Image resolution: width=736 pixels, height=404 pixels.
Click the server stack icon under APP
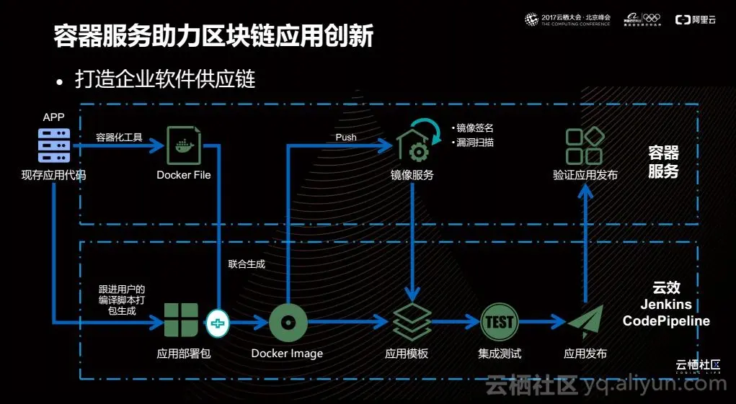coord(54,145)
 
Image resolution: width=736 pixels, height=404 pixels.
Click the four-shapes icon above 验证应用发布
coord(584,147)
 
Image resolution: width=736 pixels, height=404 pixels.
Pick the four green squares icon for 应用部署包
coord(181,320)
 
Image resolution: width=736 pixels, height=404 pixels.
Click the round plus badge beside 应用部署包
coord(217,324)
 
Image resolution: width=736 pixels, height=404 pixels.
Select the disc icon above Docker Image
coord(288,321)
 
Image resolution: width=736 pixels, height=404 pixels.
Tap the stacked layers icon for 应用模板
coord(412,322)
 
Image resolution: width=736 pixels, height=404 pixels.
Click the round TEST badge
coord(499,321)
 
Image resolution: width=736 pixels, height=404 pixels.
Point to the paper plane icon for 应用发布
coord(585,322)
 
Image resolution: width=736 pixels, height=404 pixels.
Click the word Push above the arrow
coord(346,137)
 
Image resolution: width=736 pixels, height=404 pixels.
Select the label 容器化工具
coord(119,137)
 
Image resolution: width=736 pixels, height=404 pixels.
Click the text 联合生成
coord(247,264)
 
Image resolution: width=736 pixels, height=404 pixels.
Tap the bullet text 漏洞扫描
coord(475,143)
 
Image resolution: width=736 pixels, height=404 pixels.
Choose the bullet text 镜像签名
coord(475,128)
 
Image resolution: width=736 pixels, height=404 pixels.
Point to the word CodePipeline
coord(666,320)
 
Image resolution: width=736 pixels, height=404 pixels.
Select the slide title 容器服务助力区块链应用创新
coord(213,37)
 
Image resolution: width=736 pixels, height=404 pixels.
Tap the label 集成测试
coord(499,354)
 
